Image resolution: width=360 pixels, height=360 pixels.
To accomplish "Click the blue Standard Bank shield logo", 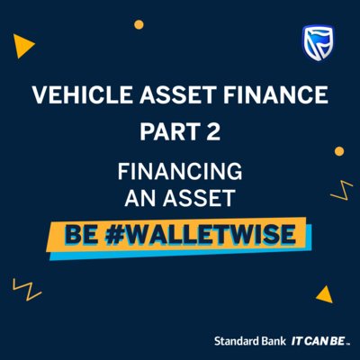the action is (x=318, y=43).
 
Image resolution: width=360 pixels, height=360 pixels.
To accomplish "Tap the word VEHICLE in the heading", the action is (x=82, y=94).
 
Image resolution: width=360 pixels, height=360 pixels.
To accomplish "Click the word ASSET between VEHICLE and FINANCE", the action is (x=177, y=94).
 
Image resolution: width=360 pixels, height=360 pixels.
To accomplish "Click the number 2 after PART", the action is (x=213, y=131).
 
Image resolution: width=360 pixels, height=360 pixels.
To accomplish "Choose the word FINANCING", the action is (x=180, y=171).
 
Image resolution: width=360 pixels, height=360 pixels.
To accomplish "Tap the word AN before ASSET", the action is (x=139, y=198).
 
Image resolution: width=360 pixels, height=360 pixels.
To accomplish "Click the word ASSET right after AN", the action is (x=199, y=198).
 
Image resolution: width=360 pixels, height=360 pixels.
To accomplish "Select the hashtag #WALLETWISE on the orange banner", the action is (x=201, y=234).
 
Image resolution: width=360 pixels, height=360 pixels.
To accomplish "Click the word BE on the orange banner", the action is (x=81, y=235).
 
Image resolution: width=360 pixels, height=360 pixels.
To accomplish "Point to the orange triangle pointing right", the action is (x=23, y=46).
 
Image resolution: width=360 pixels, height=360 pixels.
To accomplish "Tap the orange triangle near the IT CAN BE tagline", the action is (x=325, y=294).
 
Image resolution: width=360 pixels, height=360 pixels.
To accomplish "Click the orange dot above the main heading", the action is (x=139, y=24).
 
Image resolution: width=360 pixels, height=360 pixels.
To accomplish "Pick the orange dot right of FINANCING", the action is (x=339, y=151).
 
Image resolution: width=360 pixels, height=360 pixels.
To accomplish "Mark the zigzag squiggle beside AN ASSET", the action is (x=342, y=190).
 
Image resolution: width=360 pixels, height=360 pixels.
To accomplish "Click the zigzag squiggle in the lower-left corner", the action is (x=27, y=290).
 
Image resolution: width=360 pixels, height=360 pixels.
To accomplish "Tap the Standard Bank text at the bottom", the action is (x=250, y=341).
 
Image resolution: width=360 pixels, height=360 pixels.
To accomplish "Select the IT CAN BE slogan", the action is (x=320, y=341).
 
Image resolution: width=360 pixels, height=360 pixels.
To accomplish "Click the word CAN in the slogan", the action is (x=317, y=341).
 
